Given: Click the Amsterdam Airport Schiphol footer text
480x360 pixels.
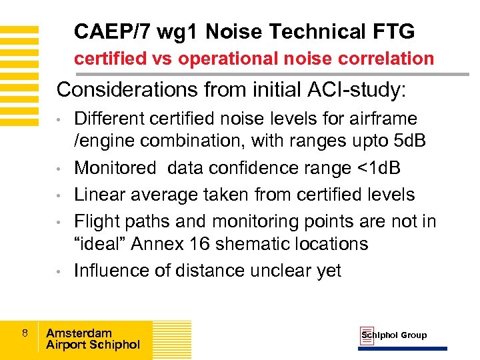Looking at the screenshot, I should pyautogui.click(x=93, y=339).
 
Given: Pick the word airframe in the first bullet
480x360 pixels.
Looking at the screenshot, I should pyautogui.click(x=388, y=119).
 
